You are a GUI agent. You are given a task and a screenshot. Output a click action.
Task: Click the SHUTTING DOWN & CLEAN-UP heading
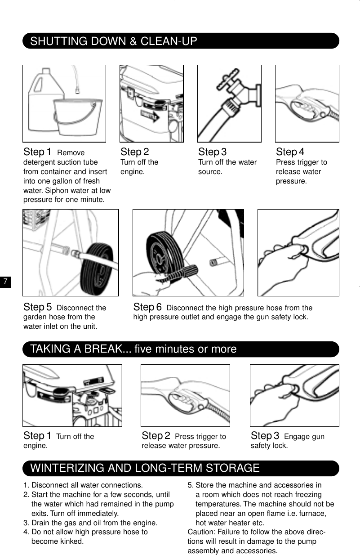point(114,41)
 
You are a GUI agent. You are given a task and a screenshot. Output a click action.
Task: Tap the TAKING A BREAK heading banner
point(133,349)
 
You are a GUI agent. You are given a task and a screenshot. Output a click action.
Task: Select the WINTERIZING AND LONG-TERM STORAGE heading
point(145,468)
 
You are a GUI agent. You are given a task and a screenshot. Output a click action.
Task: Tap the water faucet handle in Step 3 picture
point(222,83)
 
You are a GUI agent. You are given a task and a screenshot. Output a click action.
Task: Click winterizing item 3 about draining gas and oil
point(90,523)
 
